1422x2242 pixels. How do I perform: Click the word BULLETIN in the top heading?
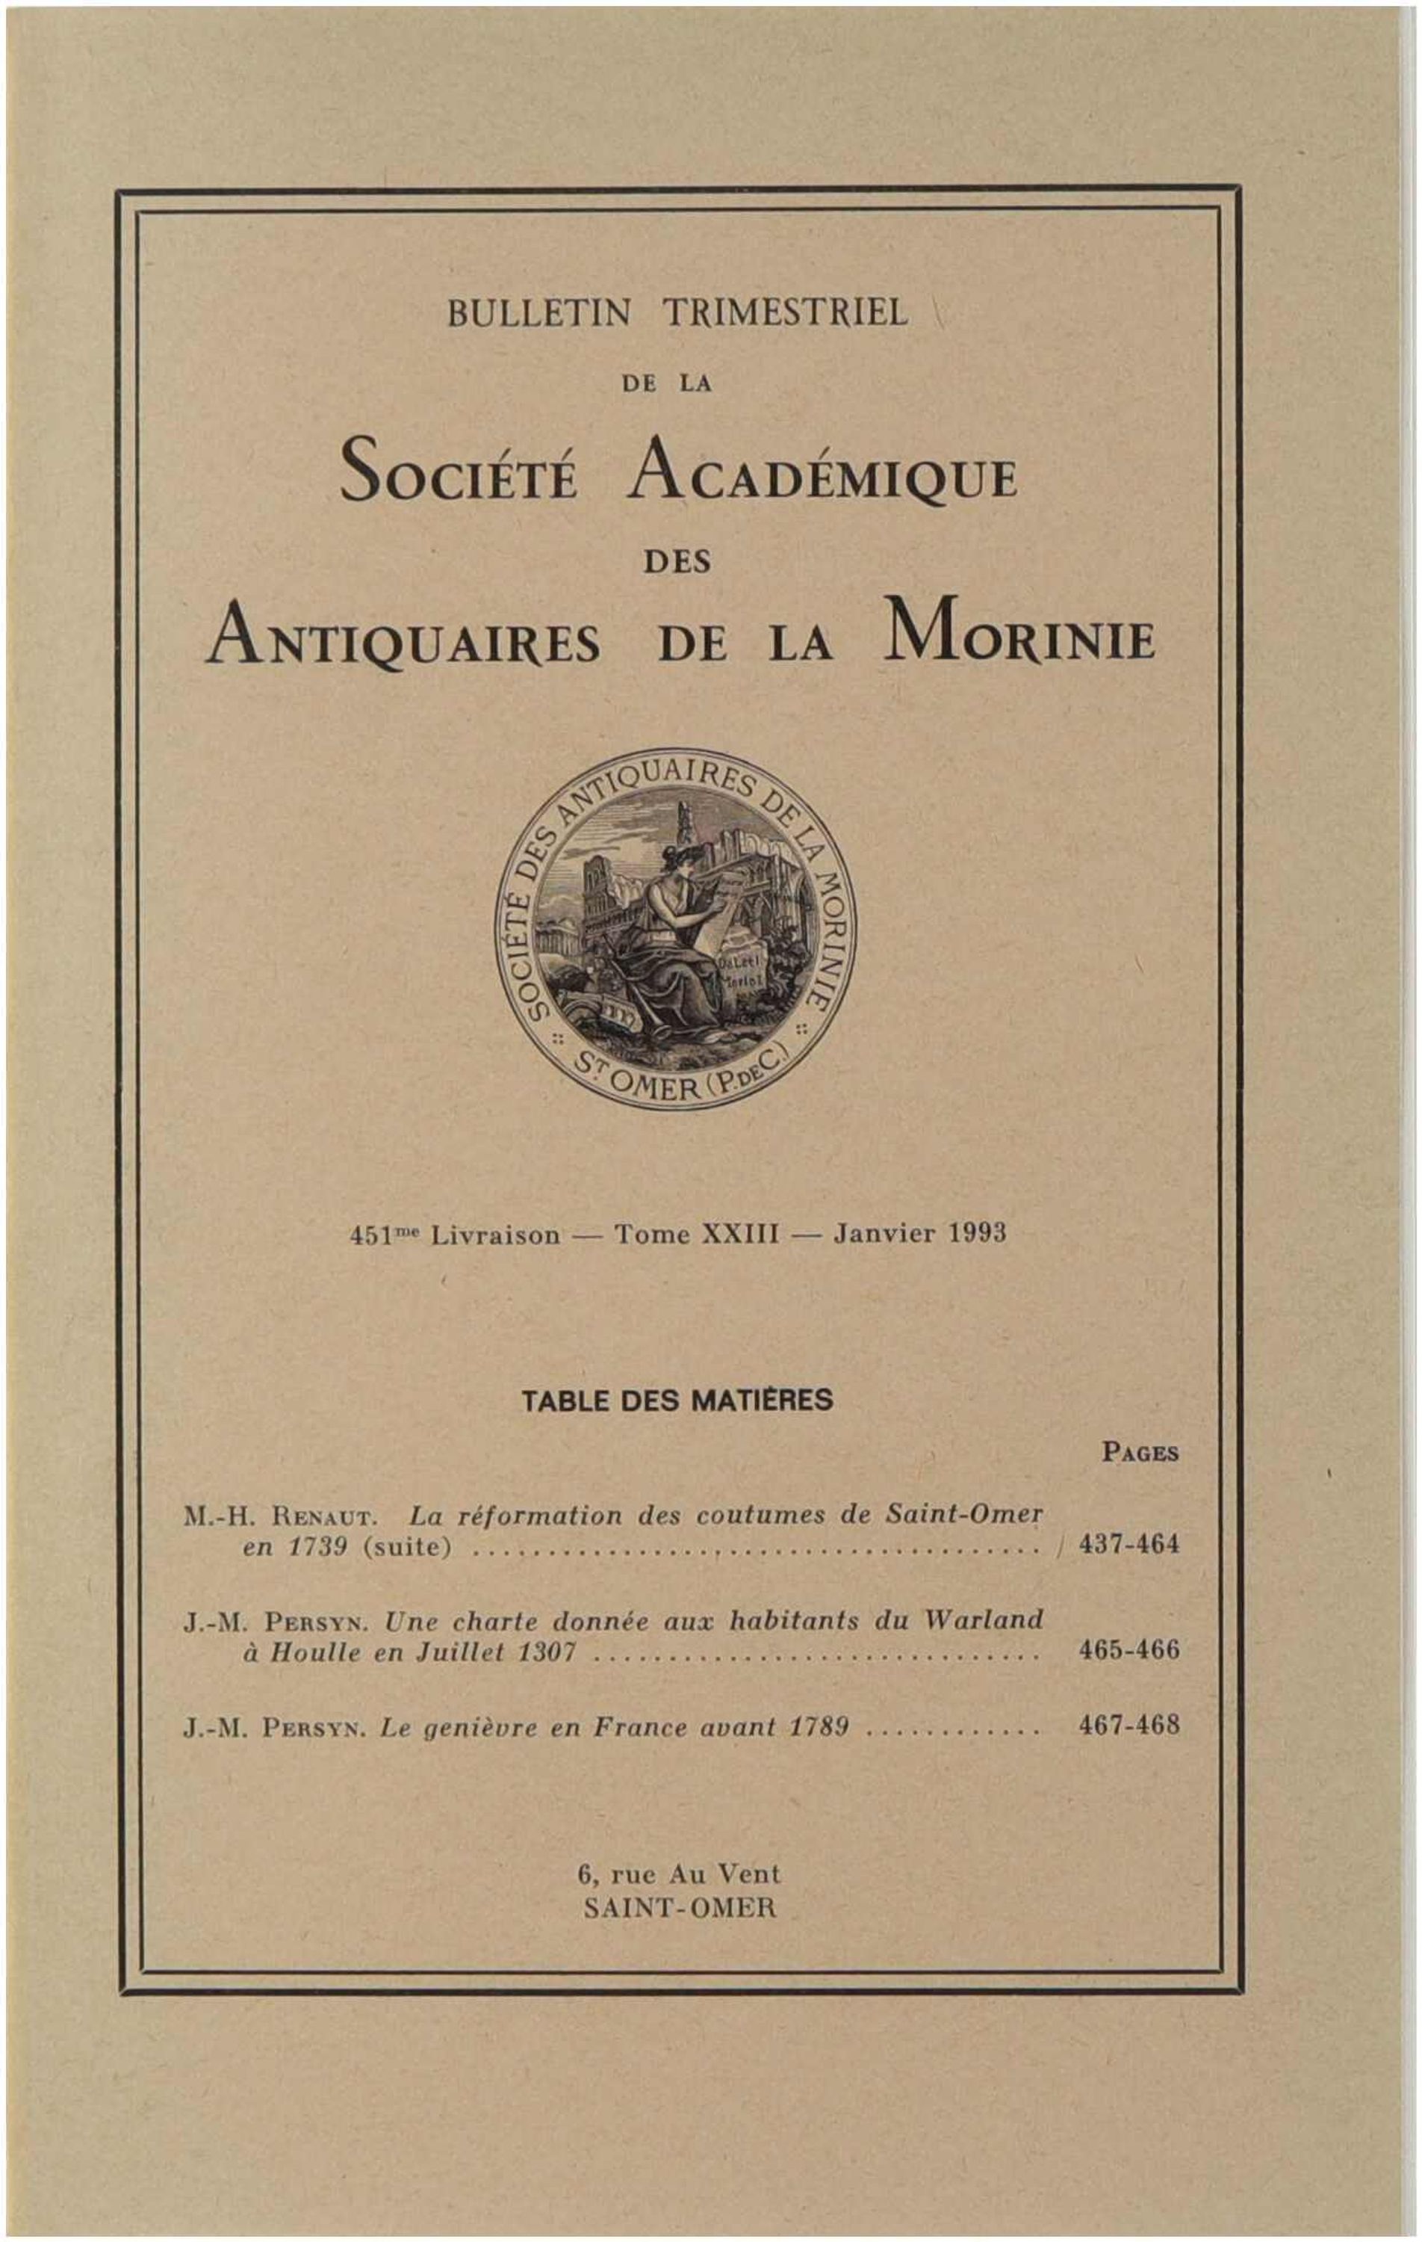pos(538,314)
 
